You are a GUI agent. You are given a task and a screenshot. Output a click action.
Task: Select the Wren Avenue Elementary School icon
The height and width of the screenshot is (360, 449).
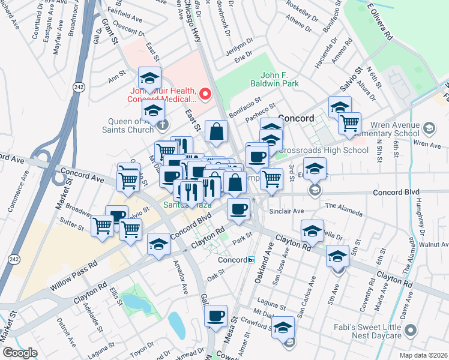click(428, 128)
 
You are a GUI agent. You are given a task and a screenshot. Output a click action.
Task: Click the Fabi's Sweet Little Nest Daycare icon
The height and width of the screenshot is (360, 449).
click(411, 330)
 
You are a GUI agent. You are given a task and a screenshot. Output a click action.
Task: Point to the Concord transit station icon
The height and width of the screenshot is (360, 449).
click(252, 260)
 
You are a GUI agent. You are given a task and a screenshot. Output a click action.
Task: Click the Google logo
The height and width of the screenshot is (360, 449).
click(20, 353)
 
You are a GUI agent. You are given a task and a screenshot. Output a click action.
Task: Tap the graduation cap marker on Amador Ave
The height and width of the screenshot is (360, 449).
click(158, 244)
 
